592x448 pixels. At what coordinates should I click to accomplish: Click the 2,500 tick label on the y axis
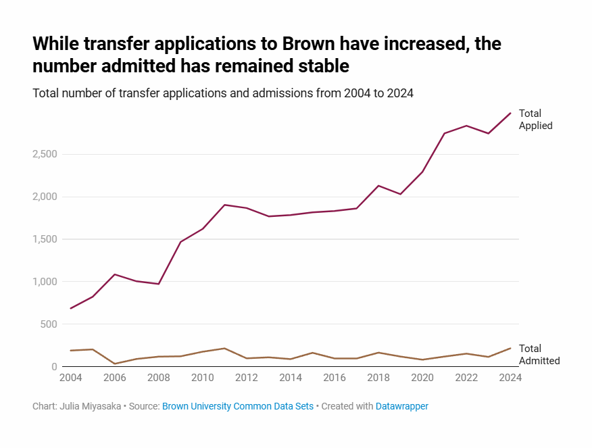tap(44, 155)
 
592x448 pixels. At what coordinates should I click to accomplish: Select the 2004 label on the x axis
tap(70, 378)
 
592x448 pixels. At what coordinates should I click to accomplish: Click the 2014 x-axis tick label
tap(290, 378)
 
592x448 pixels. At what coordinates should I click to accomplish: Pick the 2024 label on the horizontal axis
tap(510, 378)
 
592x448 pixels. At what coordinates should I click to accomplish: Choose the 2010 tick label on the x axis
tap(202, 378)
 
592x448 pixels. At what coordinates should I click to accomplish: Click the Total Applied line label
tap(535, 120)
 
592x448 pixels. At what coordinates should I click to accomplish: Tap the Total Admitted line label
tap(539, 355)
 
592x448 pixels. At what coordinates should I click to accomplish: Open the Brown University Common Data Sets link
tap(238, 406)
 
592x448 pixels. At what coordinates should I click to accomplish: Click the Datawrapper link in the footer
tap(402, 406)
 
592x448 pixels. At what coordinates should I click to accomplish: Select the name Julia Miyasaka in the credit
tap(93, 406)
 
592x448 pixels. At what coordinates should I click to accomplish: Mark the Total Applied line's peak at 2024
tap(510, 113)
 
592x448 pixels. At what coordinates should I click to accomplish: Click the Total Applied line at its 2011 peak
tap(224, 205)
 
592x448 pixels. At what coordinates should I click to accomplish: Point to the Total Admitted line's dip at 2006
tap(114, 364)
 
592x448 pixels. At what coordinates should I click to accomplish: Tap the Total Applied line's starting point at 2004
tap(70, 308)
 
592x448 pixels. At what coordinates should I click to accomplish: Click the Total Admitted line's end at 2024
tap(510, 348)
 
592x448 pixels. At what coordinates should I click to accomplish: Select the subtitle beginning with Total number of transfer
tap(223, 93)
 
